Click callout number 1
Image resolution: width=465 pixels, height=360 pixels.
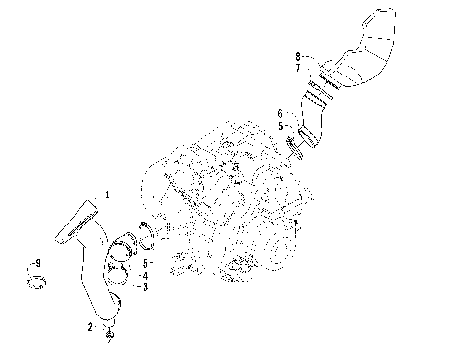point(108,195)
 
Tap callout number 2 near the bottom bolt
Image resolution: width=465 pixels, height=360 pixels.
point(92,328)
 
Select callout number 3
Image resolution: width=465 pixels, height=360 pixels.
point(145,287)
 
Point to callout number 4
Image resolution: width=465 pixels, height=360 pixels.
point(145,276)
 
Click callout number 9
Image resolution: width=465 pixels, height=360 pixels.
point(37,263)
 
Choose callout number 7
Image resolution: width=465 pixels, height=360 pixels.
point(298,69)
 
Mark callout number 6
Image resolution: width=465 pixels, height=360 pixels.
point(281,113)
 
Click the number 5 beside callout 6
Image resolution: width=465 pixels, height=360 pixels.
point(281,125)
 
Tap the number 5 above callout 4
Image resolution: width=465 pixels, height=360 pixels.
point(145,263)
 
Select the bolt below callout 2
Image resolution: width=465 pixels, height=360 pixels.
point(109,335)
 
